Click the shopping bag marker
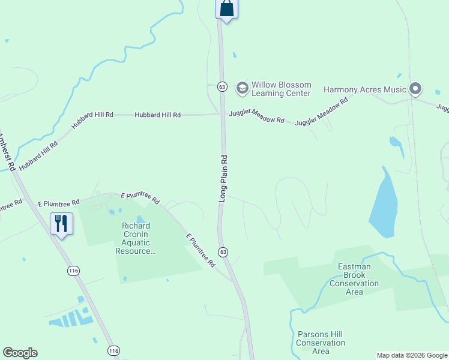coord(226,9)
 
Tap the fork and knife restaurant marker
coord(61,224)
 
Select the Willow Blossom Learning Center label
coord(281,89)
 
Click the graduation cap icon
coord(242,89)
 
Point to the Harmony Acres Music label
coord(365,89)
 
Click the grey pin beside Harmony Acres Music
coord(415,89)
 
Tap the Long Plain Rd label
coord(223,178)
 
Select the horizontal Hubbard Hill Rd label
coord(157,115)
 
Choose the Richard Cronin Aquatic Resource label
coord(135,238)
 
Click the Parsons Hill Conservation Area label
coord(321,343)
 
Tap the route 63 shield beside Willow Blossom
coord(222,86)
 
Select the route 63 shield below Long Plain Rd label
coord(223,251)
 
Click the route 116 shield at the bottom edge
coord(113,350)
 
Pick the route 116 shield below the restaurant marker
coord(73,271)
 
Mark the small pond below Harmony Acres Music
coord(395,142)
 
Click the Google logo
coord(20,353)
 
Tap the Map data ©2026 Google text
coord(412,355)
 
